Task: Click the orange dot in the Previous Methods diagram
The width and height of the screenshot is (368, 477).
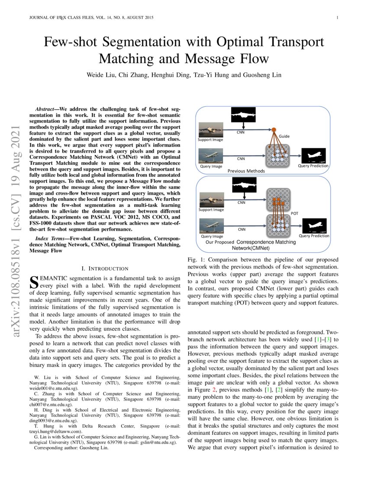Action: click(x=274, y=129)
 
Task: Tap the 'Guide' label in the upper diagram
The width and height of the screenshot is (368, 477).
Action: click(x=284, y=136)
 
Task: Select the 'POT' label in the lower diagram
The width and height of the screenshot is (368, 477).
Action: click(x=294, y=213)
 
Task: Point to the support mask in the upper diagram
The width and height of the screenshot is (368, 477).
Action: click(x=244, y=116)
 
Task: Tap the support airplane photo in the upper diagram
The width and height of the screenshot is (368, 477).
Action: click(x=211, y=130)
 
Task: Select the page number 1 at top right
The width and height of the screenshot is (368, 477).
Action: click(x=336, y=18)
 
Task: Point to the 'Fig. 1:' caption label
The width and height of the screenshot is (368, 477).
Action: click(x=196, y=259)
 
